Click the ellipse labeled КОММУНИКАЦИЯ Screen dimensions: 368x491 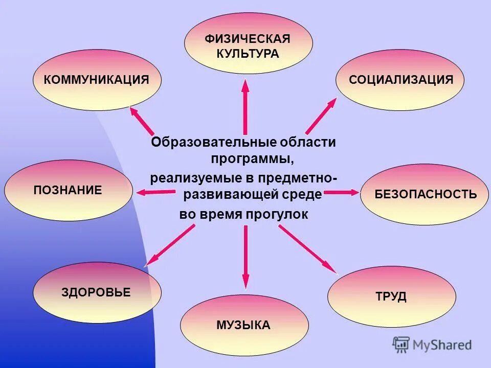coord(97,80)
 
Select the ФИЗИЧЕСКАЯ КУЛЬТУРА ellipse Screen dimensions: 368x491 coord(248,43)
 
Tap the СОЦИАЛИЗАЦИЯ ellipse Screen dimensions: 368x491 coord(400,80)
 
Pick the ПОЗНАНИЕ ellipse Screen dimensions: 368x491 coord(68,191)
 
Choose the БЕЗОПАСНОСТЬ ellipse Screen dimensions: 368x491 coord(425,194)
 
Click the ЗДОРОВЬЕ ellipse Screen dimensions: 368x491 coord(97,292)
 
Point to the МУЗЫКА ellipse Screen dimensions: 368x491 coord(244,325)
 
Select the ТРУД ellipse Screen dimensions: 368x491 coord(391,296)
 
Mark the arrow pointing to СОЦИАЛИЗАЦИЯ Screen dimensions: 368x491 coord(321,116)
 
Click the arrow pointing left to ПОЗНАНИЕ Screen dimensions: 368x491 coord(156,192)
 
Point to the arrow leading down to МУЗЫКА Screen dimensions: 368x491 coord(245,256)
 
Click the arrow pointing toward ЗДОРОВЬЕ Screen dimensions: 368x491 coord(170,245)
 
